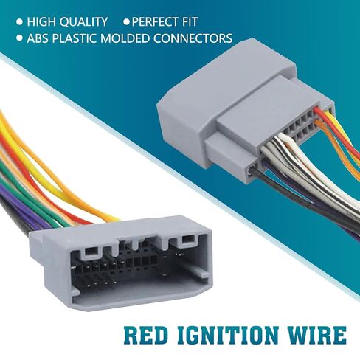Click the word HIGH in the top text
click(x=41, y=21)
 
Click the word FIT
click(x=190, y=21)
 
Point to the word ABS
click(x=38, y=38)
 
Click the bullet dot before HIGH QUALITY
click(x=20, y=22)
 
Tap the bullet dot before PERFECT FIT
click(x=127, y=22)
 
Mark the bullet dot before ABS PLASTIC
click(x=20, y=38)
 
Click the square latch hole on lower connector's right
click(x=188, y=238)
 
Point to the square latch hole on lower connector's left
click(x=91, y=251)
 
